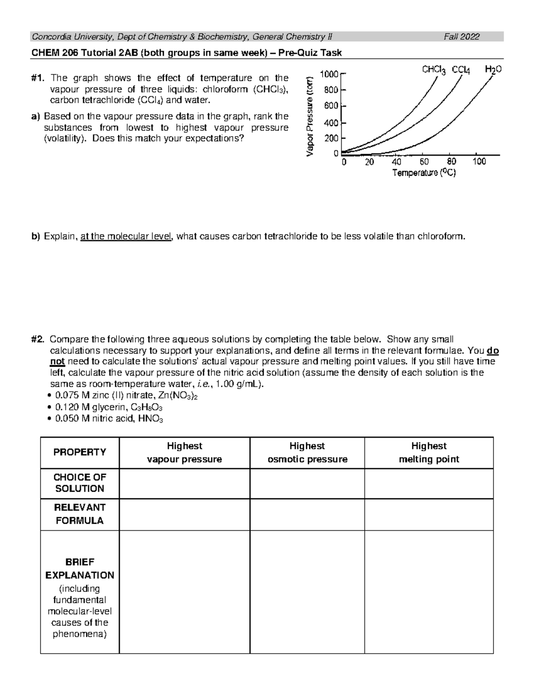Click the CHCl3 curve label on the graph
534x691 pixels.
click(433, 70)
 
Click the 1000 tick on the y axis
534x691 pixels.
click(329, 74)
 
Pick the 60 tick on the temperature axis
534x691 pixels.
click(424, 162)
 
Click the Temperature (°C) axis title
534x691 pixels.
click(424, 173)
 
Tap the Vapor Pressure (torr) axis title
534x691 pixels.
click(310, 116)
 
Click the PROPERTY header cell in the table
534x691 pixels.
click(80, 452)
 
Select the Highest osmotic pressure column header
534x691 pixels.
click(307, 453)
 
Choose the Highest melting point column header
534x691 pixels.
click(429, 453)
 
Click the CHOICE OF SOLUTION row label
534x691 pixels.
click(80, 483)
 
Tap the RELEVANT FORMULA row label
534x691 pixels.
click(80, 514)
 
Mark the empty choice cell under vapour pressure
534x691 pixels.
click(184, 483)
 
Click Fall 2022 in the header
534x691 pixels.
click(461, 37)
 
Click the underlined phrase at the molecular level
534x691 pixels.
click(126, 236)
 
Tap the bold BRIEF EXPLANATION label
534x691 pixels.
click(80, 568)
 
